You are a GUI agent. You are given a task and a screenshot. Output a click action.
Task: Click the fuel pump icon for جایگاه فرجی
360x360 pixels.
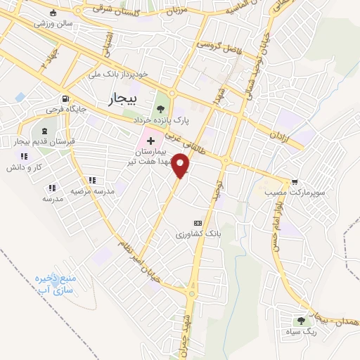click(65, 98)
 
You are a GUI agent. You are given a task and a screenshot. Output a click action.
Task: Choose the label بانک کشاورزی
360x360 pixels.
click(198, 231)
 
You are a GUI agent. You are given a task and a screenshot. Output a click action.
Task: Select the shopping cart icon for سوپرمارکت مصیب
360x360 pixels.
click(294, 180)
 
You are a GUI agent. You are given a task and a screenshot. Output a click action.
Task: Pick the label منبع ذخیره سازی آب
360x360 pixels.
click(52, 283)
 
